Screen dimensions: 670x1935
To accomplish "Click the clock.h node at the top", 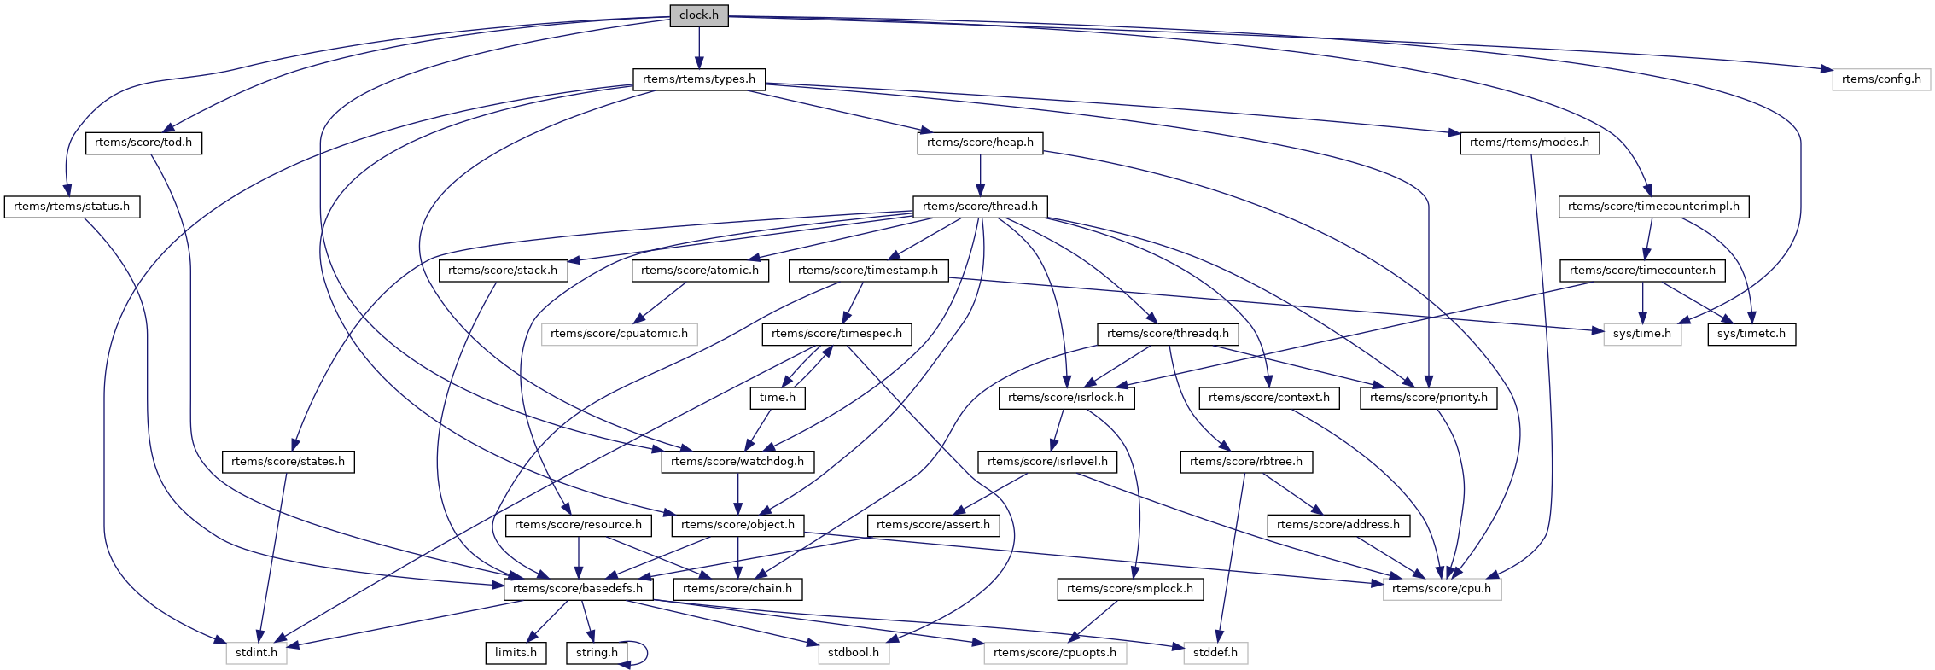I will tap(699, 15).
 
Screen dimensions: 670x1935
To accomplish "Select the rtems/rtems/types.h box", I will tap(699, 79).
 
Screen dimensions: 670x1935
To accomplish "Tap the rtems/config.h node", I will tap(1881, 79).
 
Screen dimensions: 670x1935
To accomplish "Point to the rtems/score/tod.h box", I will tap(143, 143).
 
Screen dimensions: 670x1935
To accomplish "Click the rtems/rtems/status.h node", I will tap(72, 207).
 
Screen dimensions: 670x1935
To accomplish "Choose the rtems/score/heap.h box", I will tap(980, 143).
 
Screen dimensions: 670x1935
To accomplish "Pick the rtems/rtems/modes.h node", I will tap(1529, 143).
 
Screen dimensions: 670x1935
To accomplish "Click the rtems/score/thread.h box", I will tap(980, 207).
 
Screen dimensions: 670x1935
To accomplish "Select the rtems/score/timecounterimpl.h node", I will tap(1653, 207).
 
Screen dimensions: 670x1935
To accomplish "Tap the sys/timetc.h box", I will tap(1751, 334).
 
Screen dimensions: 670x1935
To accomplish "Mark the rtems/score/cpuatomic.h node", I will tap(619, 334).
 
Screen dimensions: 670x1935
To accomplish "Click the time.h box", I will tap(777, 398).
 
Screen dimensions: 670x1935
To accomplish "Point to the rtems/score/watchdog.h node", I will tap(737, 462).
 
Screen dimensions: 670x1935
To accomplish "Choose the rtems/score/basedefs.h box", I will tap(578, 589).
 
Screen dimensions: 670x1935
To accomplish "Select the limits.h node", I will tap(516, 653).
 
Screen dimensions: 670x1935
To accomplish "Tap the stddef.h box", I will tap(1215, 653).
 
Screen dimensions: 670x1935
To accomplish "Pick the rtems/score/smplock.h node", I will tap(1130, 589).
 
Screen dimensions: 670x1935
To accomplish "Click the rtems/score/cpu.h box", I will tap(1442, 589).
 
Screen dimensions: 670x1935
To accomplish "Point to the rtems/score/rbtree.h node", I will tap(1246, 462).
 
